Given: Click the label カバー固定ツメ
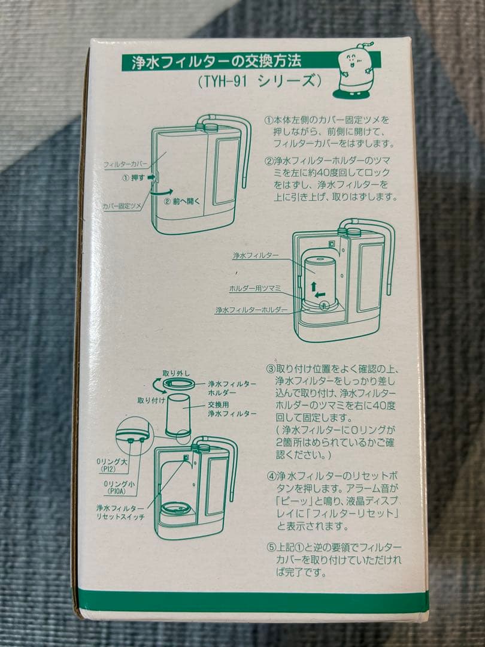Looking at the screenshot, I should tap(122, 205).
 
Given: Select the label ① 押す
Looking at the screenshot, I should tap(134, 177).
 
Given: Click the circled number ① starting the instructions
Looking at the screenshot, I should tap(269, 120).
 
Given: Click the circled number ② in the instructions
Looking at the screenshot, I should tap(269, 161).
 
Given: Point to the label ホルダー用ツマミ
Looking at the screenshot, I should tap(255, 288).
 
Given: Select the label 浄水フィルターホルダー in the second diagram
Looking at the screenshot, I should tap(251, 310).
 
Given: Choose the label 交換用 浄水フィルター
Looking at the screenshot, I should tap(224, 409).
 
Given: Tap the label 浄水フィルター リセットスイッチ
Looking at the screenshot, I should tap(120, 512).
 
